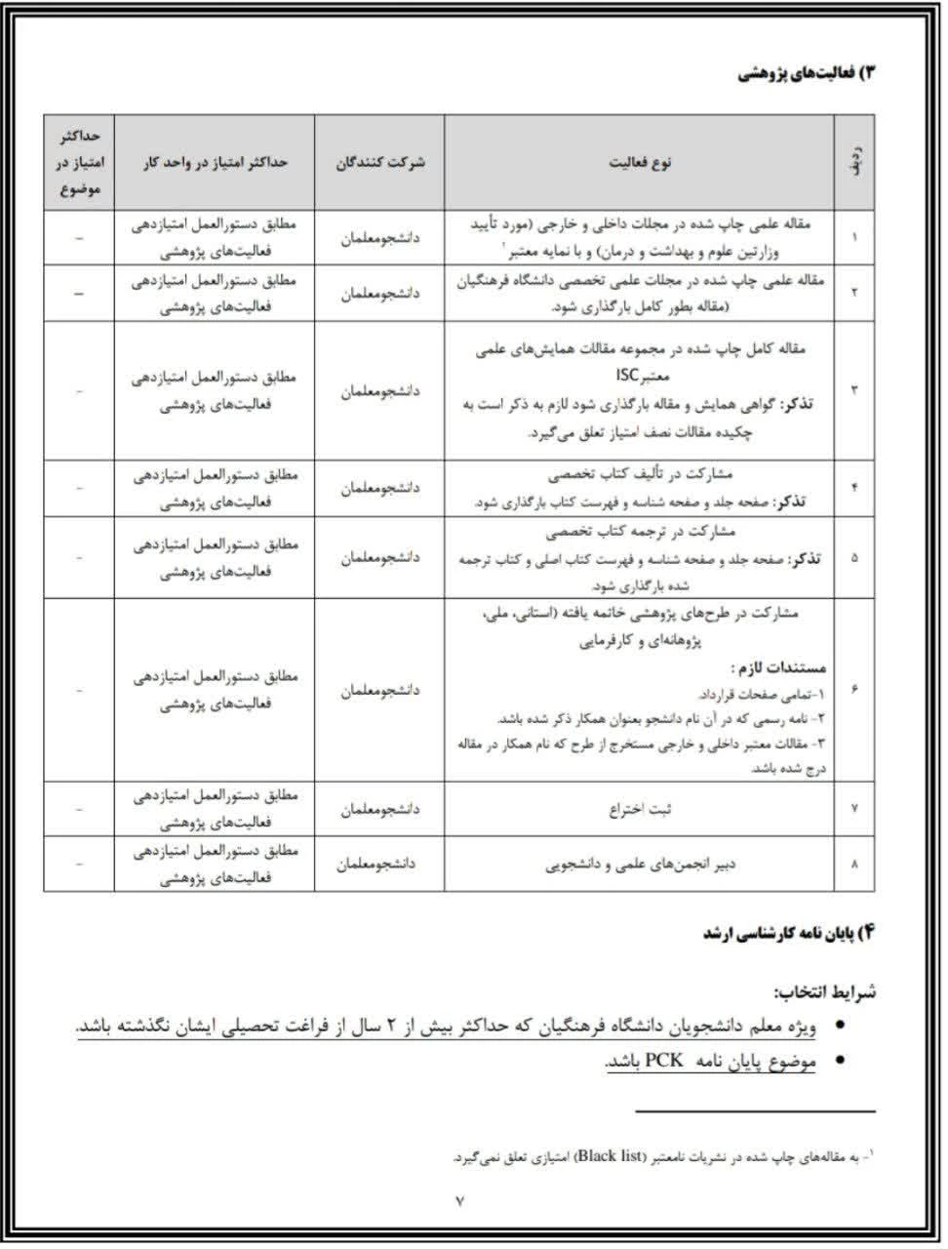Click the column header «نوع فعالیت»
pos(640,162)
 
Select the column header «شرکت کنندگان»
pos(378,162)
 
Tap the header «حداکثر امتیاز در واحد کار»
pos(214,162)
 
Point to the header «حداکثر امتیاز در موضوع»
pos(79,162)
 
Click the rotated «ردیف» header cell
pos(854,162)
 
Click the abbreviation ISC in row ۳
pos(629,376)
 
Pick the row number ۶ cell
pos(854,690)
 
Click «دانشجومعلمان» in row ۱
pos(378,236)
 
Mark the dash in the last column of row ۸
pos(79,864)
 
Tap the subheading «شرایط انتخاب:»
pos(825,992)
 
